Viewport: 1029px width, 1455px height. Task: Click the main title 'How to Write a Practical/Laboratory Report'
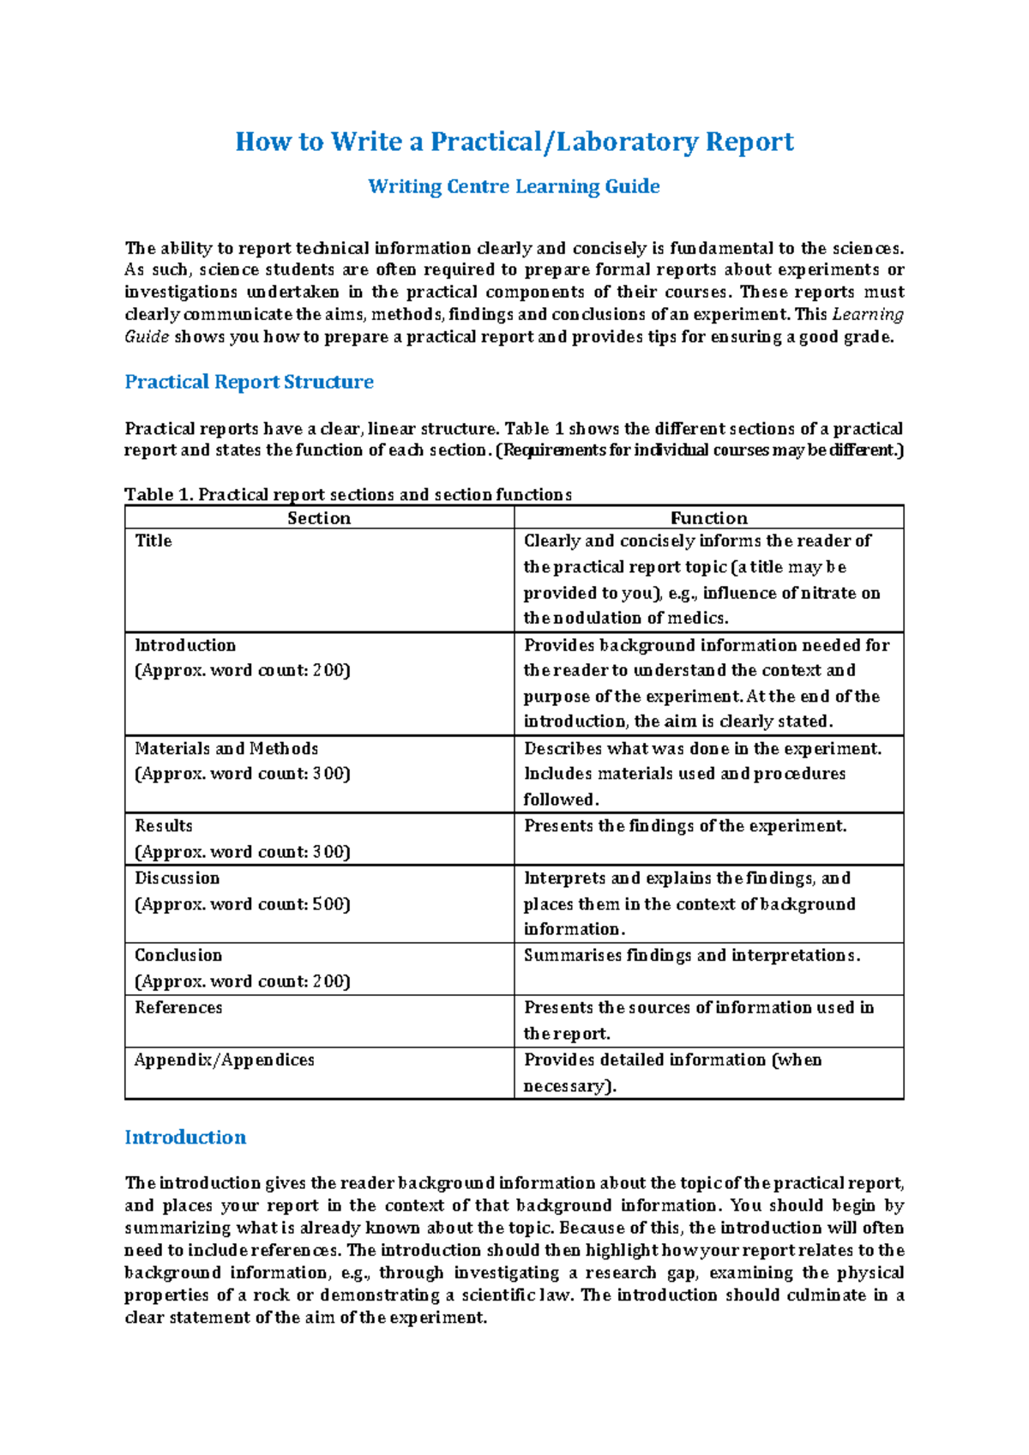point(514,142)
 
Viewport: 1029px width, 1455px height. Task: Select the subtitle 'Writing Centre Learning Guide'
point(514,186)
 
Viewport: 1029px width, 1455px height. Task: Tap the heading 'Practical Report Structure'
point(249,382)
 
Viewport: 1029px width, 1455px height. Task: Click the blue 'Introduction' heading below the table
point(185,1138)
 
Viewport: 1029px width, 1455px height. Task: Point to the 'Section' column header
point(319,518)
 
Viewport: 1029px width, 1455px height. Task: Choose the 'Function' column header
point(708,518)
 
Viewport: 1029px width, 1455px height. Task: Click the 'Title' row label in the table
point(153,541)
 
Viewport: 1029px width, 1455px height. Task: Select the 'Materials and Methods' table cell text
point(226,749)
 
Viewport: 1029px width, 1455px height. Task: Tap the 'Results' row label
point(164,826)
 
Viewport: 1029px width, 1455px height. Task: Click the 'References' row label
point(178,1008)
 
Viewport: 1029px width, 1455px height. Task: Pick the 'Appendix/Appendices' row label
point(224,1060)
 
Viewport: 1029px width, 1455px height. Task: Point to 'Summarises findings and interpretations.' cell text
point(692,956)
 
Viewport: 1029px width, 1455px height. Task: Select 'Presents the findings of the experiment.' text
point(685,826)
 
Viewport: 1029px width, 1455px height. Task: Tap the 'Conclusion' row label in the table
point(178,956)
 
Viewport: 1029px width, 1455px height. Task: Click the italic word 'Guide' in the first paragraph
point(147,337)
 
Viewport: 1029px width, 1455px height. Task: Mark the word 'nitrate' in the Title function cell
point(829,593)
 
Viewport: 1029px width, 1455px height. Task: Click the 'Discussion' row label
point(178,878)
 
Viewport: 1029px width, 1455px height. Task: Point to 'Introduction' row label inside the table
point(185,645)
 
